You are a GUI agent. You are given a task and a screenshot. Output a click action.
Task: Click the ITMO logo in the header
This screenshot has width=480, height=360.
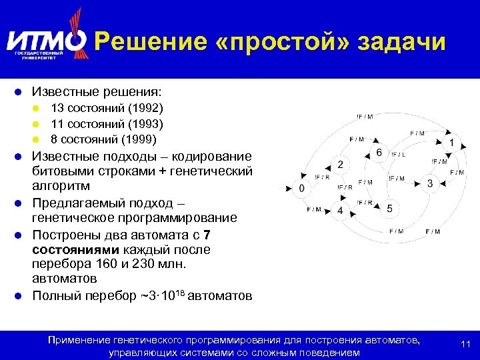[46, 41]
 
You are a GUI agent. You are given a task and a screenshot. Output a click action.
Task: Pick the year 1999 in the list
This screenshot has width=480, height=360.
[141, 139]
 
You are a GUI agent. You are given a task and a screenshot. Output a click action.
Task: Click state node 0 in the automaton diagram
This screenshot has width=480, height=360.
[301, 189]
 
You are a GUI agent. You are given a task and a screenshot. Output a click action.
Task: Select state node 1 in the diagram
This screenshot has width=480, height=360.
[452, 143]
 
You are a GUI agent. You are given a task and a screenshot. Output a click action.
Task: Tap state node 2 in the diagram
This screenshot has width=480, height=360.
[340, 165]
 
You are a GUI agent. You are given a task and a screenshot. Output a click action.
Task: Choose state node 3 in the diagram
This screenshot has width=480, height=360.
[430, 183]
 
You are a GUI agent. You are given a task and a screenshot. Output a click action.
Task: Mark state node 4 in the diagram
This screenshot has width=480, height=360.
[340, 211]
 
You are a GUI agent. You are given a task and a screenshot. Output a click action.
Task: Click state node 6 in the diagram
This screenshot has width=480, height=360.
[379, 153]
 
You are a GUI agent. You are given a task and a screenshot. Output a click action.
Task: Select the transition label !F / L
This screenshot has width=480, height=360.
[399, 155]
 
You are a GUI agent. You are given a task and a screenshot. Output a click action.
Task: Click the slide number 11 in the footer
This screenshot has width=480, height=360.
[466, 345]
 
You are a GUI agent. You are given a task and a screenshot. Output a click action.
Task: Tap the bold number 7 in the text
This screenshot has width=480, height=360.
[207, 234]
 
